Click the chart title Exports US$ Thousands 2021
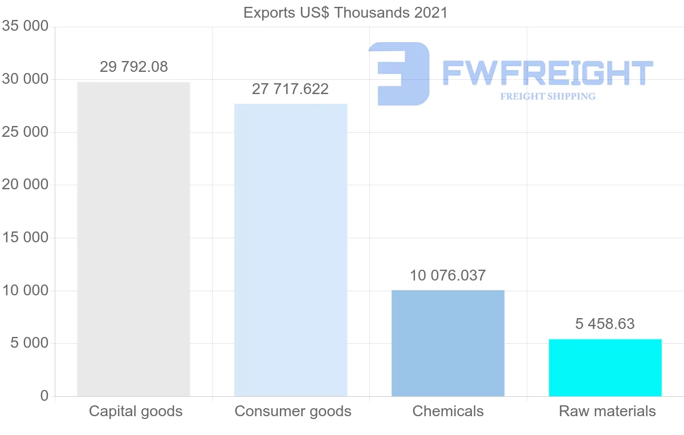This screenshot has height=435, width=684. [345, 12]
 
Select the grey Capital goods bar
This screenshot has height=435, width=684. [133, 239]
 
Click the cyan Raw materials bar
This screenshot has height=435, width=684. [605, 368]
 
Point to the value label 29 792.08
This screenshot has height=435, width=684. [134, 67]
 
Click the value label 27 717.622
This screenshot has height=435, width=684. [290, 89]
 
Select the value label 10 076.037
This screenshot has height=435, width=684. [447, 275]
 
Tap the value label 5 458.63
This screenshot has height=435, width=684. [605, 324]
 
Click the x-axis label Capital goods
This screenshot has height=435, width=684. [136, 411]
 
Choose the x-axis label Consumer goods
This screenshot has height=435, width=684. [293, 411]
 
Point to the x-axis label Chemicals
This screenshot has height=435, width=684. [448, 411]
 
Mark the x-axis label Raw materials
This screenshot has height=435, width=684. [607, 411]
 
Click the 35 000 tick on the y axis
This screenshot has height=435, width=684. [25, 26]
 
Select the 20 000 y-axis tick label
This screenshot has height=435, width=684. [25, 185]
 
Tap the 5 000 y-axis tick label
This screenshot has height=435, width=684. [28, 343]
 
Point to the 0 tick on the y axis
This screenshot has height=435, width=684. [44, 396]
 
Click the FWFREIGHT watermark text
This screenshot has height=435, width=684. [547, 73]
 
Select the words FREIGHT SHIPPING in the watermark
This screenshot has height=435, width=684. [548, 96]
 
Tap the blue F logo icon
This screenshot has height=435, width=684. [399, 74]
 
